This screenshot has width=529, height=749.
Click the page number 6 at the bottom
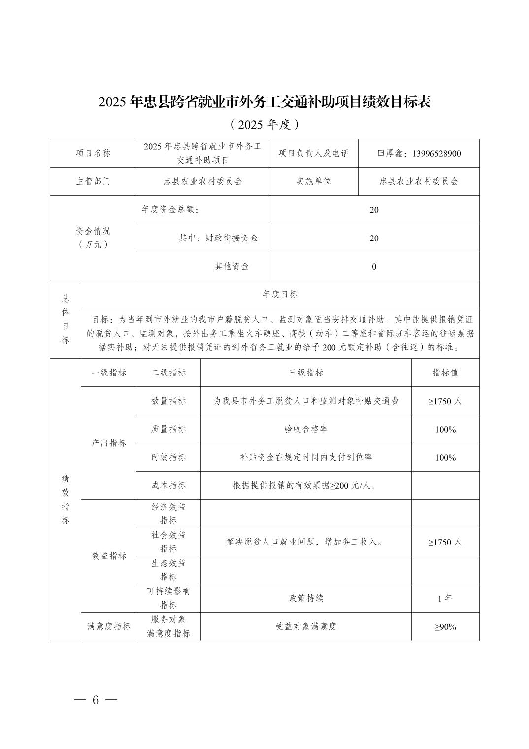[96, 700]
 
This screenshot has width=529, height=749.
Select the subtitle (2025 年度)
[264, 125]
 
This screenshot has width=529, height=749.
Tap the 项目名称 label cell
[93, 153]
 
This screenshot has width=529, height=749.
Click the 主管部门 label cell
[93, 181]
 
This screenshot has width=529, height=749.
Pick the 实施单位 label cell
[313, 181]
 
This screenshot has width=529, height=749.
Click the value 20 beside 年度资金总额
[374, 210]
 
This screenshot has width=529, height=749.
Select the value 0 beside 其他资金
[374, 267]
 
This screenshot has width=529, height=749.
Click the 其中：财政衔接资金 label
[218, 238]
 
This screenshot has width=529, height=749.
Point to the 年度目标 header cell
[280, 294]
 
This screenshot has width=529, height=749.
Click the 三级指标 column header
[306, 373]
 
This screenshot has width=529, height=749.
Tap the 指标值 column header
[445, 373]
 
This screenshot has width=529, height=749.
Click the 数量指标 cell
[168, 401]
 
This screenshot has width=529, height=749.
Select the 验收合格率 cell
[306, 429]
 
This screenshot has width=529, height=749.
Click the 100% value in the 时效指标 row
[445, 457]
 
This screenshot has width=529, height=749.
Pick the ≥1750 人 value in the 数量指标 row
[445, 401]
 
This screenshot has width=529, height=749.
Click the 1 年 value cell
[445, 599]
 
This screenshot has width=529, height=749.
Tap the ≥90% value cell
[445, 627]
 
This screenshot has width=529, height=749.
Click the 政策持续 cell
[306, 598]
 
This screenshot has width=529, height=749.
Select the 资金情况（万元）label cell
[93, 238]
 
